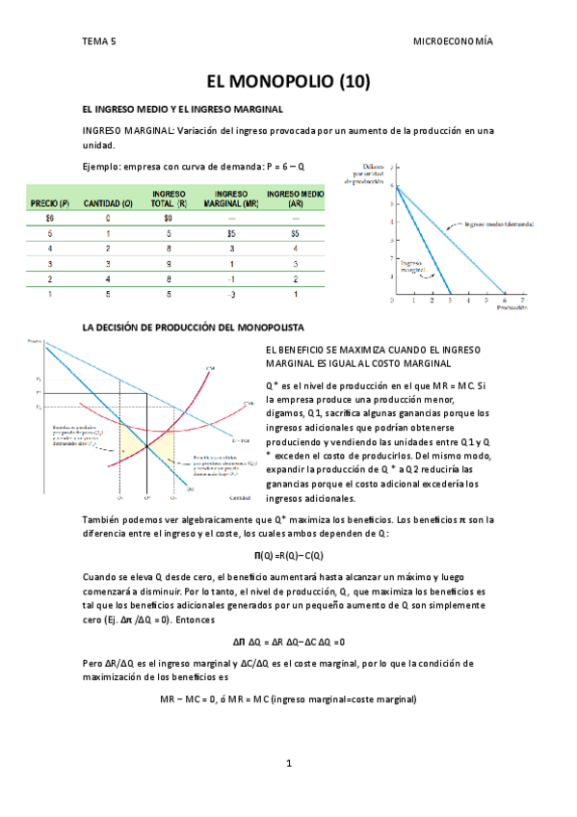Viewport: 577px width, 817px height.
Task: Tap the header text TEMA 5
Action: pyautogui.click(x=98, y=41)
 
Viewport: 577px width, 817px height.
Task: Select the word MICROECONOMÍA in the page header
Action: pyautogui.click(x=452, y=41)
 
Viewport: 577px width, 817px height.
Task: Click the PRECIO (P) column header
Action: pyautogui.click(x=50, y=202)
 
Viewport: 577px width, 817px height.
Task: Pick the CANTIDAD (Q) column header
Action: pyautogui.click(x=108, y=202)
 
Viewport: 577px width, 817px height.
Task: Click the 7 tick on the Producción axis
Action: pyautogui.click(x=523, y=302)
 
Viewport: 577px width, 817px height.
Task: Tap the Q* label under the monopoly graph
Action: pyautogui.click(x=146, y=499)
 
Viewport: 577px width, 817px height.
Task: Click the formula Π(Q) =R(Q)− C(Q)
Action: pyautogui.click(x=288, y=555)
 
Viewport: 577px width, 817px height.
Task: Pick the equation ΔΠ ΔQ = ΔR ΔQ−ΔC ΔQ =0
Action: pyautogui.click(x=288, y=641)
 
